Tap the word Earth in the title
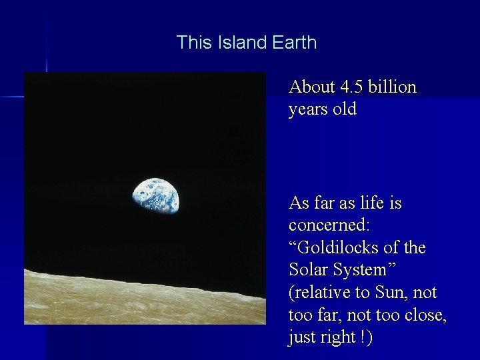coord(294,43)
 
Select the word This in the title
coord(193,43)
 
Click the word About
coord(312,87)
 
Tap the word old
coord(345,109)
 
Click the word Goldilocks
coord(339,247)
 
